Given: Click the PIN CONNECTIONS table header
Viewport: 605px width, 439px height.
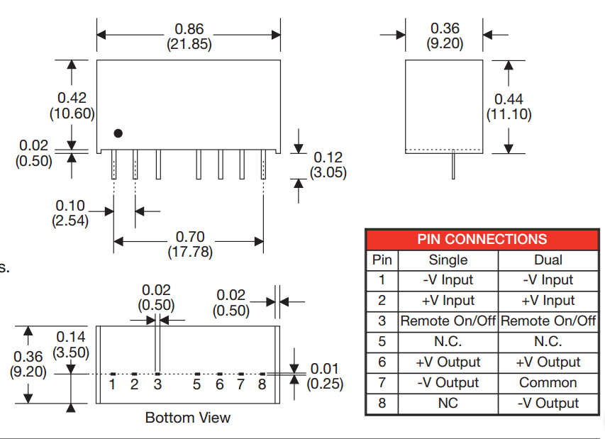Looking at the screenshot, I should click(482, 239).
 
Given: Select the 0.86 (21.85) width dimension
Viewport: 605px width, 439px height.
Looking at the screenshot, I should click(189, 36).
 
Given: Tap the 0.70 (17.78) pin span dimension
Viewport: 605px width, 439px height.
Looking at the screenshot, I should click(189, 244).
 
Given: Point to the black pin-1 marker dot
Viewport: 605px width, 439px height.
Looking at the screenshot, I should click(118, 133).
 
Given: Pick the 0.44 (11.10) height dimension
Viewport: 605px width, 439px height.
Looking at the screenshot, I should click(509, 106).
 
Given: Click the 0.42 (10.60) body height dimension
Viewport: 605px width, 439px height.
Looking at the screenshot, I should click(72, 106).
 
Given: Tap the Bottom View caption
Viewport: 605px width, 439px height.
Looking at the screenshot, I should click(187, 417).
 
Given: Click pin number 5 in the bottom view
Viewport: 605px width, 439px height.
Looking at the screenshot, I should click(196, 384).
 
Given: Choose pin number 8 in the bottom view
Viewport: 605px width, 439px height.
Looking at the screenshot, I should click(262, 384).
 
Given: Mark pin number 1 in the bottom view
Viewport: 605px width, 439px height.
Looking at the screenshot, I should click(113, 384).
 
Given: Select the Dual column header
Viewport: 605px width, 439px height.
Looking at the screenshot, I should click(548, 260).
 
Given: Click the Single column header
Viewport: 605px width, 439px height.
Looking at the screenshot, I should click(448, 260).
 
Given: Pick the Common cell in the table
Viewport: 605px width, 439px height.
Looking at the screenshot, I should click(548, 383).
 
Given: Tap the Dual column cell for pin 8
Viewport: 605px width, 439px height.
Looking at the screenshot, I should click(548, 404).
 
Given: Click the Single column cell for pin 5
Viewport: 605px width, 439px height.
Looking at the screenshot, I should click(448, 342).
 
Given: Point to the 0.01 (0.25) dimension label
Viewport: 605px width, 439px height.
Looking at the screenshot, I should click(325, 376).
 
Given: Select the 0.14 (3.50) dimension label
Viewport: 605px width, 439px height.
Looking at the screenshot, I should click(70, 345).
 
